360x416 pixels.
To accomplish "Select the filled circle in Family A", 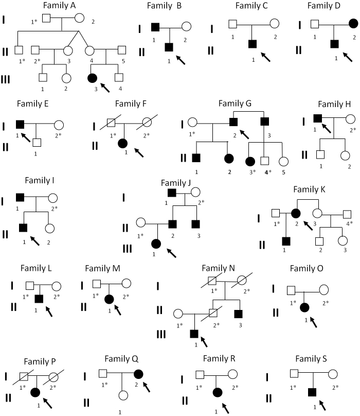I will coord(93,78).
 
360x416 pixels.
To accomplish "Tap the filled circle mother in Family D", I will coord(353,24).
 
